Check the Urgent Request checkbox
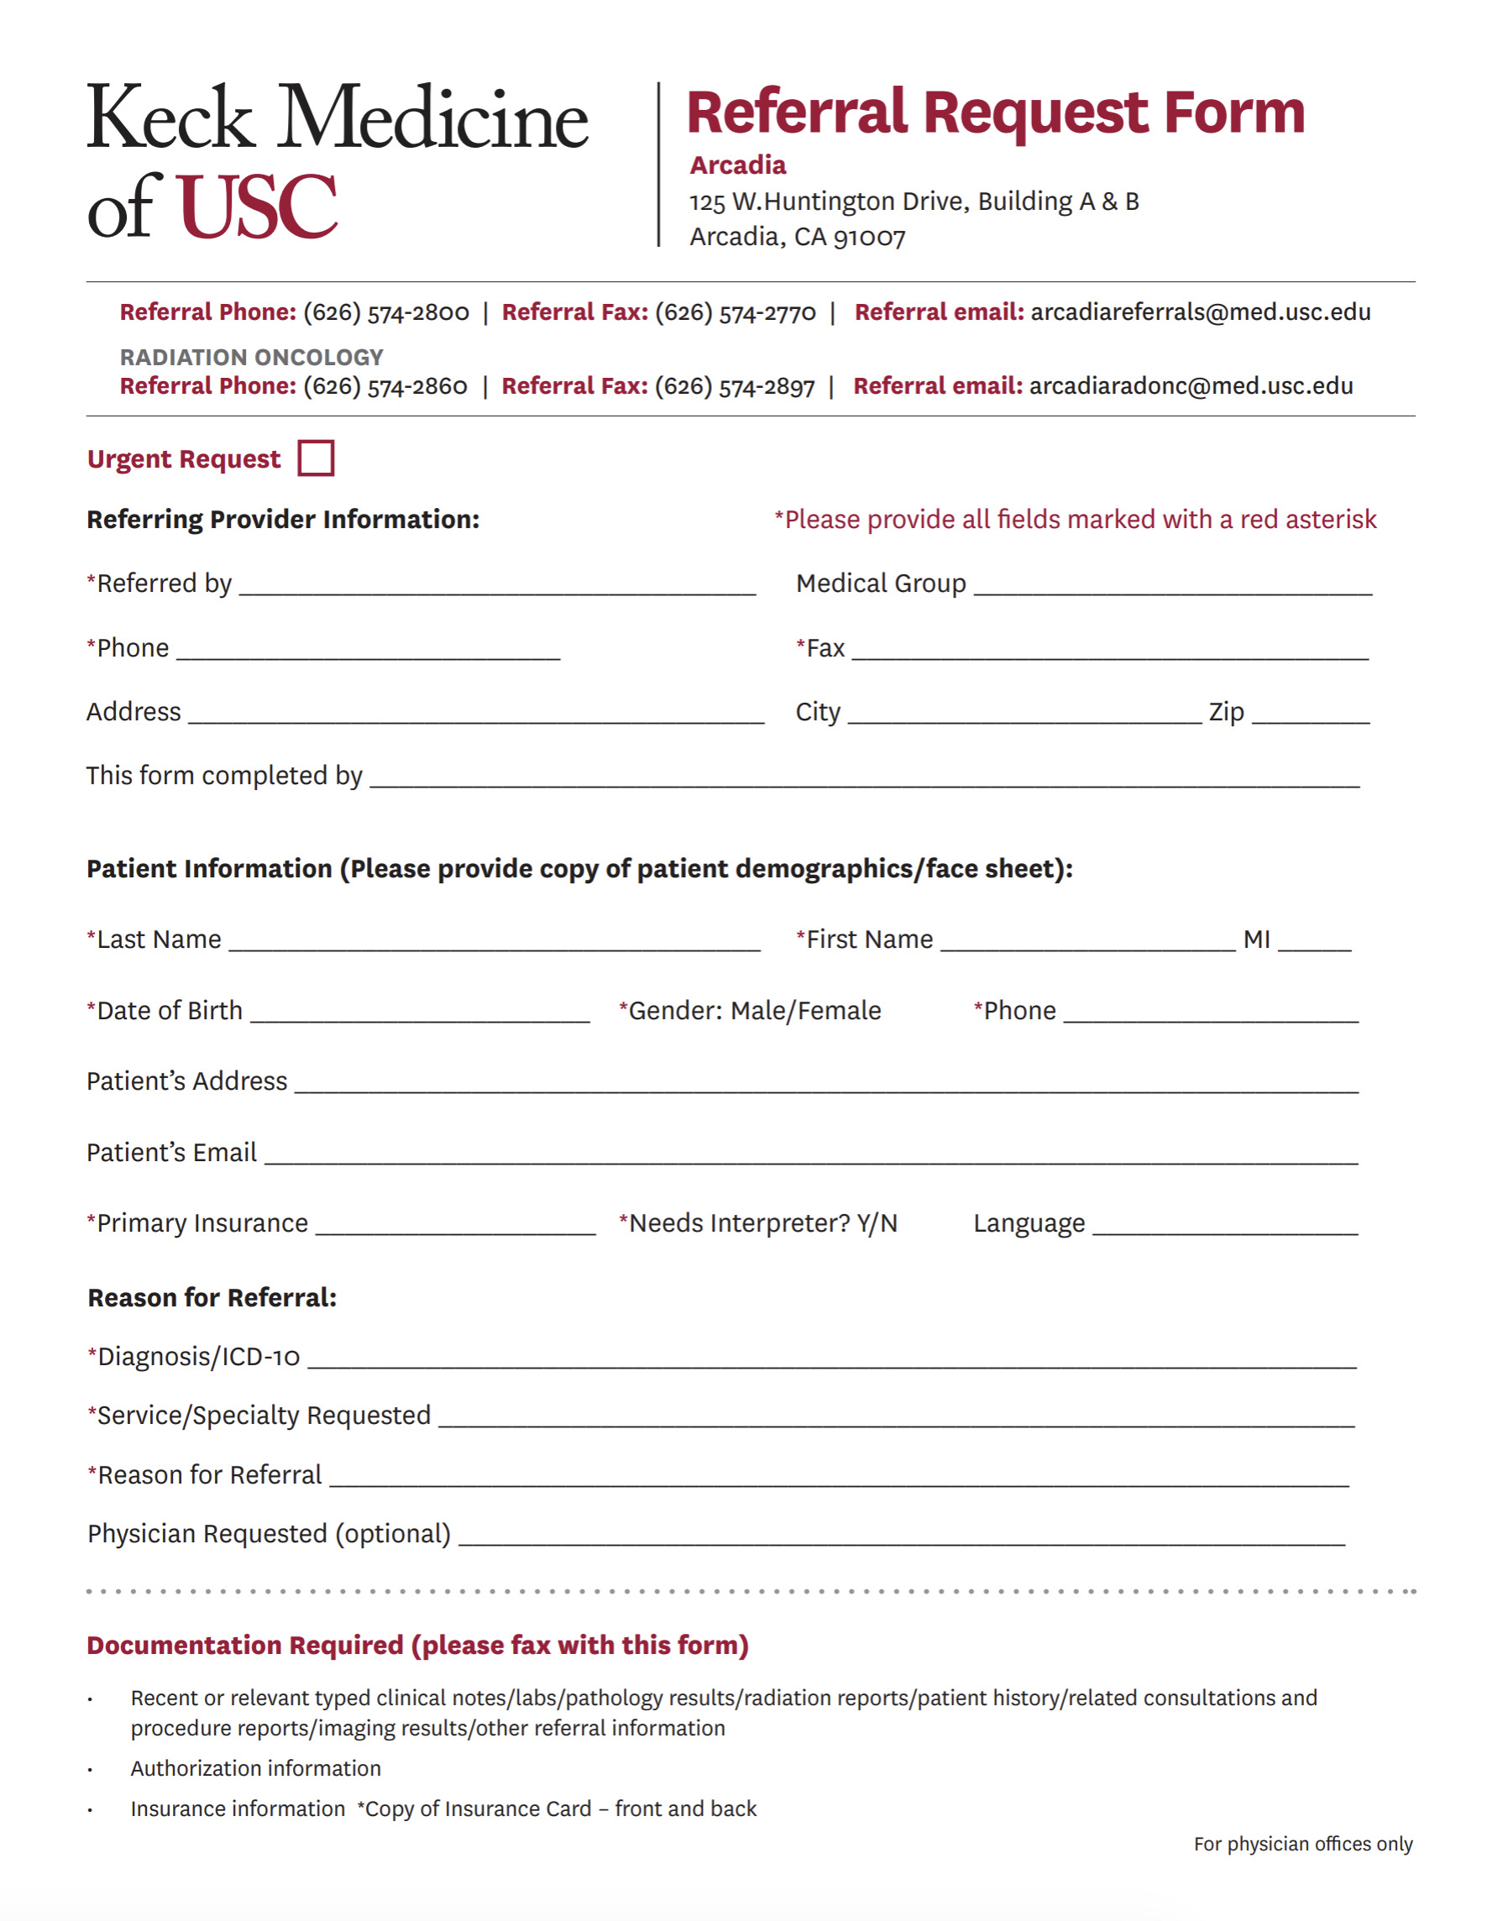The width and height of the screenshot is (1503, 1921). point(316,458)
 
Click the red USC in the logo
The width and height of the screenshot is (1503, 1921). point(257,207)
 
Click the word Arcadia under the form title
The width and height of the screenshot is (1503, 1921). point(737,165)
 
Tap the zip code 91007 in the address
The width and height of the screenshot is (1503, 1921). point(869,238)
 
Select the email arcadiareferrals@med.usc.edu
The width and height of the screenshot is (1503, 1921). point(1200,312)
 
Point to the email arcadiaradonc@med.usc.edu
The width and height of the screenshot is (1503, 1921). point(1191,386)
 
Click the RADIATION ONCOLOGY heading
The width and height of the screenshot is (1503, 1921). point(252,358)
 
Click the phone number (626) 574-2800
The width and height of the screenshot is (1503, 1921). point(386,312)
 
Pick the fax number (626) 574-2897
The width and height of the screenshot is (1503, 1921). point(735,386)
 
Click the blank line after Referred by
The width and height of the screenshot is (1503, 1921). point(497,586)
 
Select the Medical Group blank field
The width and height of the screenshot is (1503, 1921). point(1173,586)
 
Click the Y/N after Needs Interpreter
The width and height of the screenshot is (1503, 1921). point(877,1223)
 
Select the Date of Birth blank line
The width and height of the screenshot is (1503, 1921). point(420,1013)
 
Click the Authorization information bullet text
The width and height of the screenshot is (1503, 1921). point(256,1769)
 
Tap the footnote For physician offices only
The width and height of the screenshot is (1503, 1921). point(1302,1845)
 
